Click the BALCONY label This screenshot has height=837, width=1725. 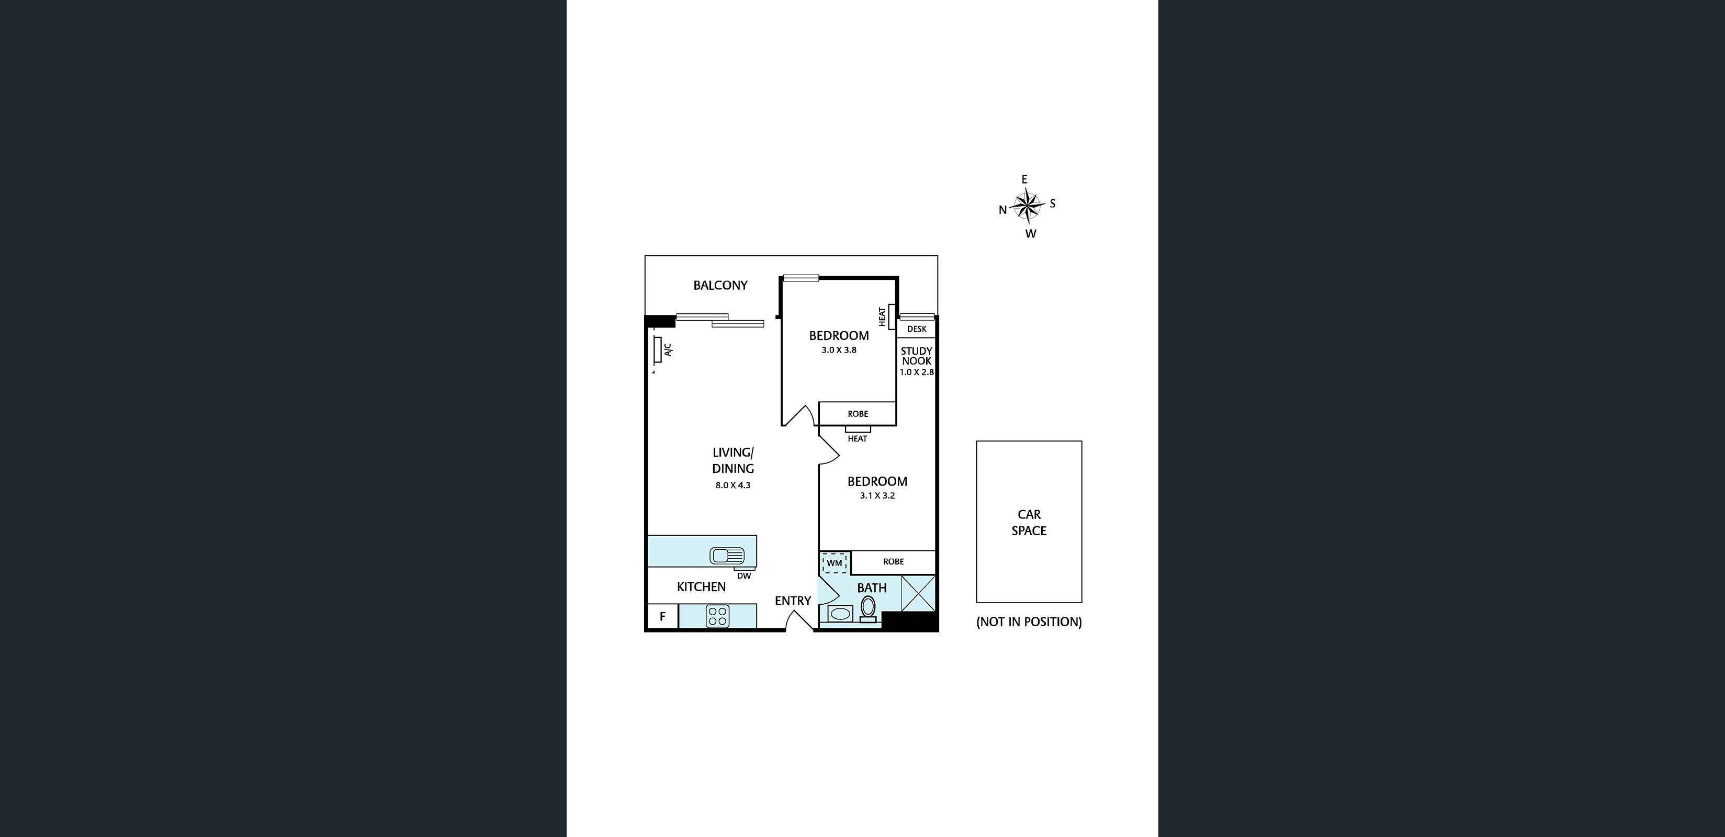coord(720,285)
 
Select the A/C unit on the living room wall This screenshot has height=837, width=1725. coord(658,349)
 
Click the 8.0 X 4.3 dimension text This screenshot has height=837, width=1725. coord(732,485)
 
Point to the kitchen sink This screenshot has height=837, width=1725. coord(727,556)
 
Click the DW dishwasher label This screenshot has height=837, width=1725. coord(743,576)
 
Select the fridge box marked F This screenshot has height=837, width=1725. coord(663,617)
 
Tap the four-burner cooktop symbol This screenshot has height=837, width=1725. coord(717,616)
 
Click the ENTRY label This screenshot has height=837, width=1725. coord(793,601)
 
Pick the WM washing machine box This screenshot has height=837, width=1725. coord(835,563)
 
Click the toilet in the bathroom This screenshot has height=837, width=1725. coord(868,608)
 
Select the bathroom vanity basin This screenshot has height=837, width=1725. coord(840,613)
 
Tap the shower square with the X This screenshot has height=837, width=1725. coord(918,593)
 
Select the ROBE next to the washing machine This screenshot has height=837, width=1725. coord(893,562)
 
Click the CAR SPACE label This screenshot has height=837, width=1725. coord(1029,522)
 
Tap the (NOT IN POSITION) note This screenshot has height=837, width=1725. coord(1029,622)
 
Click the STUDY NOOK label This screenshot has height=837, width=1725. coord(916,356)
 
